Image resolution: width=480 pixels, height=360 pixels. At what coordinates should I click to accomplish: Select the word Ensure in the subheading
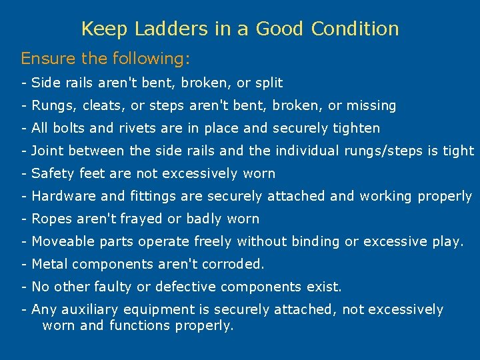(48, 59)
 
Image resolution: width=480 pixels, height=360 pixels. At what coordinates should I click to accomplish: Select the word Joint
(48, 151)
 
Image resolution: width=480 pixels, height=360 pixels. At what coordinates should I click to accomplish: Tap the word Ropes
(51, 219)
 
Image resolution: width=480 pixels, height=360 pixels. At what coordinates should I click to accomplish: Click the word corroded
(229, 264)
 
